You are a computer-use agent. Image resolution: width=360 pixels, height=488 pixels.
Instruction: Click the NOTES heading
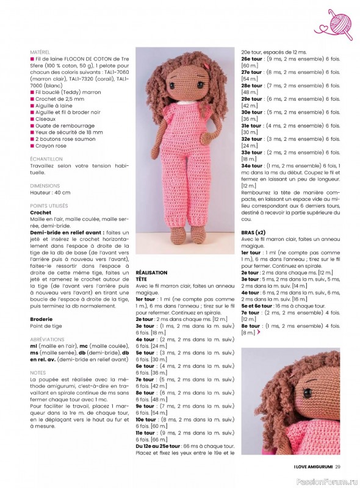[37, 373]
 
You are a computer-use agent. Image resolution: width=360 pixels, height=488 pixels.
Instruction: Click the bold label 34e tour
[252, 166]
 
